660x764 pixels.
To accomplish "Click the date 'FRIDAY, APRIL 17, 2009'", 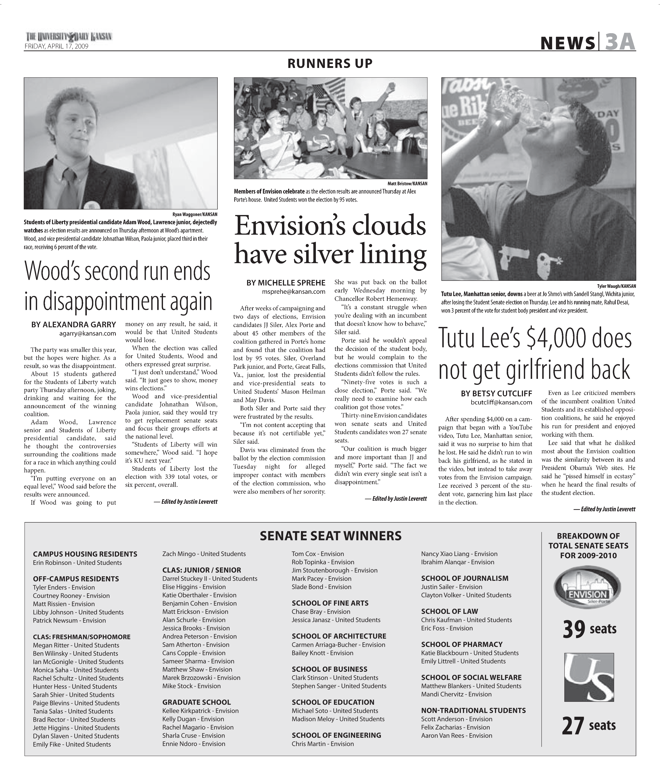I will tap(56, 46).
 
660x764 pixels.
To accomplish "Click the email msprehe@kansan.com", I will tap(294, 292).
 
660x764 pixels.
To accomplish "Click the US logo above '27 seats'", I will tap(589, 677).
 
